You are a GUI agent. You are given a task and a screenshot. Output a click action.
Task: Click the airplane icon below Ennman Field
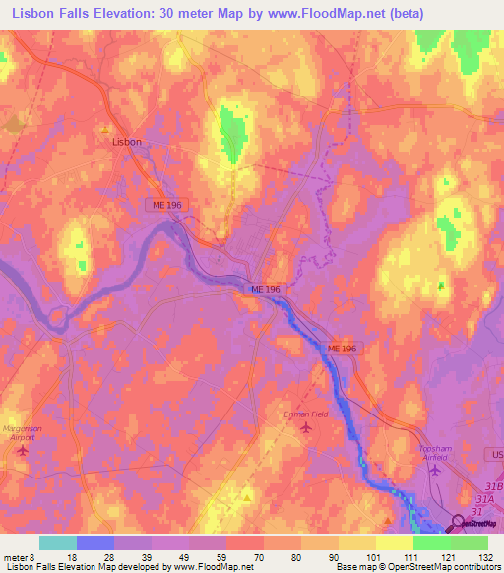(x=305, y=428)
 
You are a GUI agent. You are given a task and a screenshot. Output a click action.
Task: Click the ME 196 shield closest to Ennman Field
(x=341, y=349)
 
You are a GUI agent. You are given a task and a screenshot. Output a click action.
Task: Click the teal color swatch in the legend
(x=57, y=542)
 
